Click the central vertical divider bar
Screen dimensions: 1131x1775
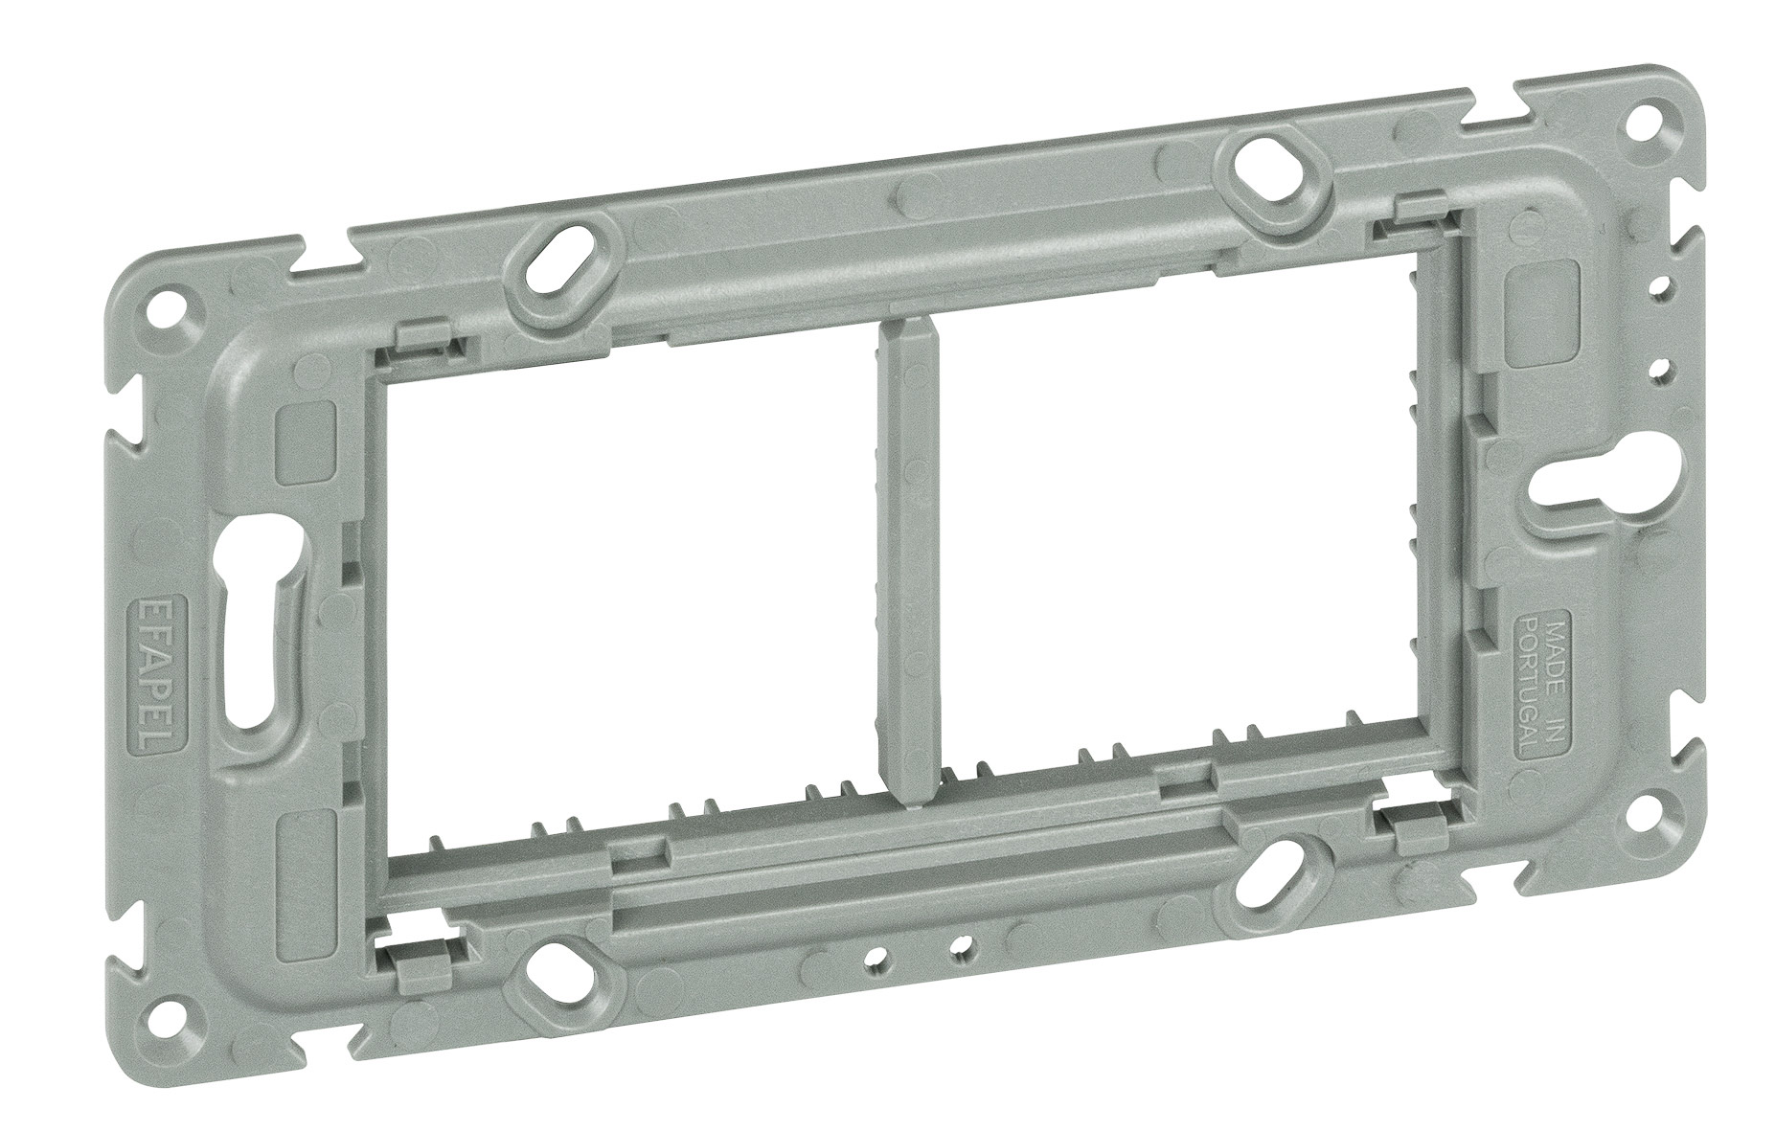(905, 564)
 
